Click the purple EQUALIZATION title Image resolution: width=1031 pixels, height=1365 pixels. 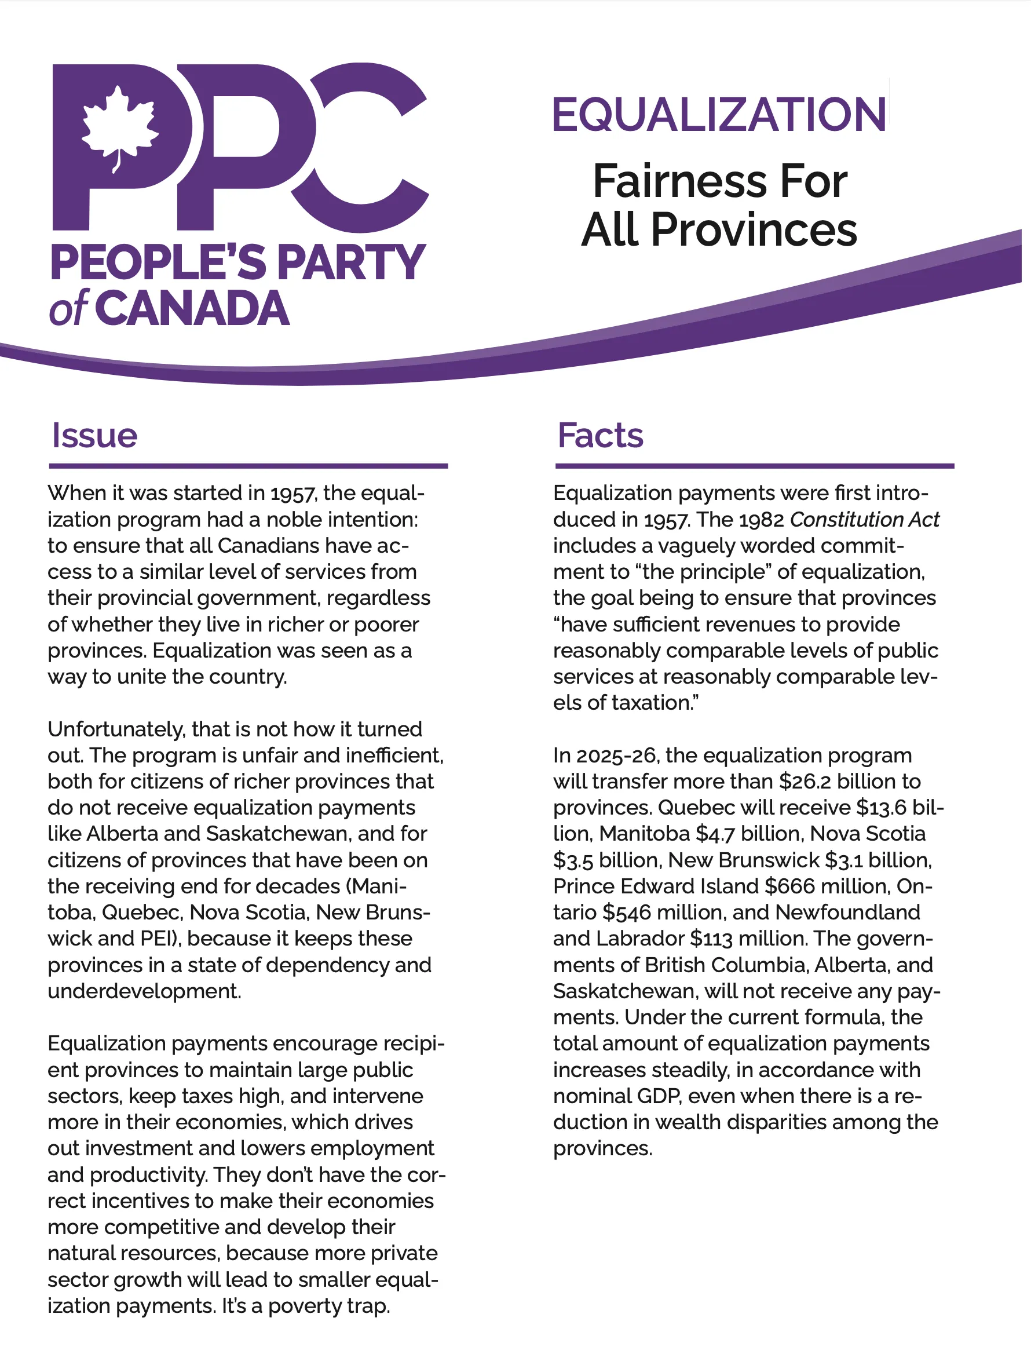click(x=719, y=115)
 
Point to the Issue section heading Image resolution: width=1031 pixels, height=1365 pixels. click(x=94, y=435)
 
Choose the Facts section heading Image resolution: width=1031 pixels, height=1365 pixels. click(x=600, y=435)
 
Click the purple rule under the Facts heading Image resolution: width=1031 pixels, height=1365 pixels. click(x=754, y=466)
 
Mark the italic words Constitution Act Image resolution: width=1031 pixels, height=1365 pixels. click(x=864, y=520)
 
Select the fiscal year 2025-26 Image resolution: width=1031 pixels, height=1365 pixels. click(x=617, y=756)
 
